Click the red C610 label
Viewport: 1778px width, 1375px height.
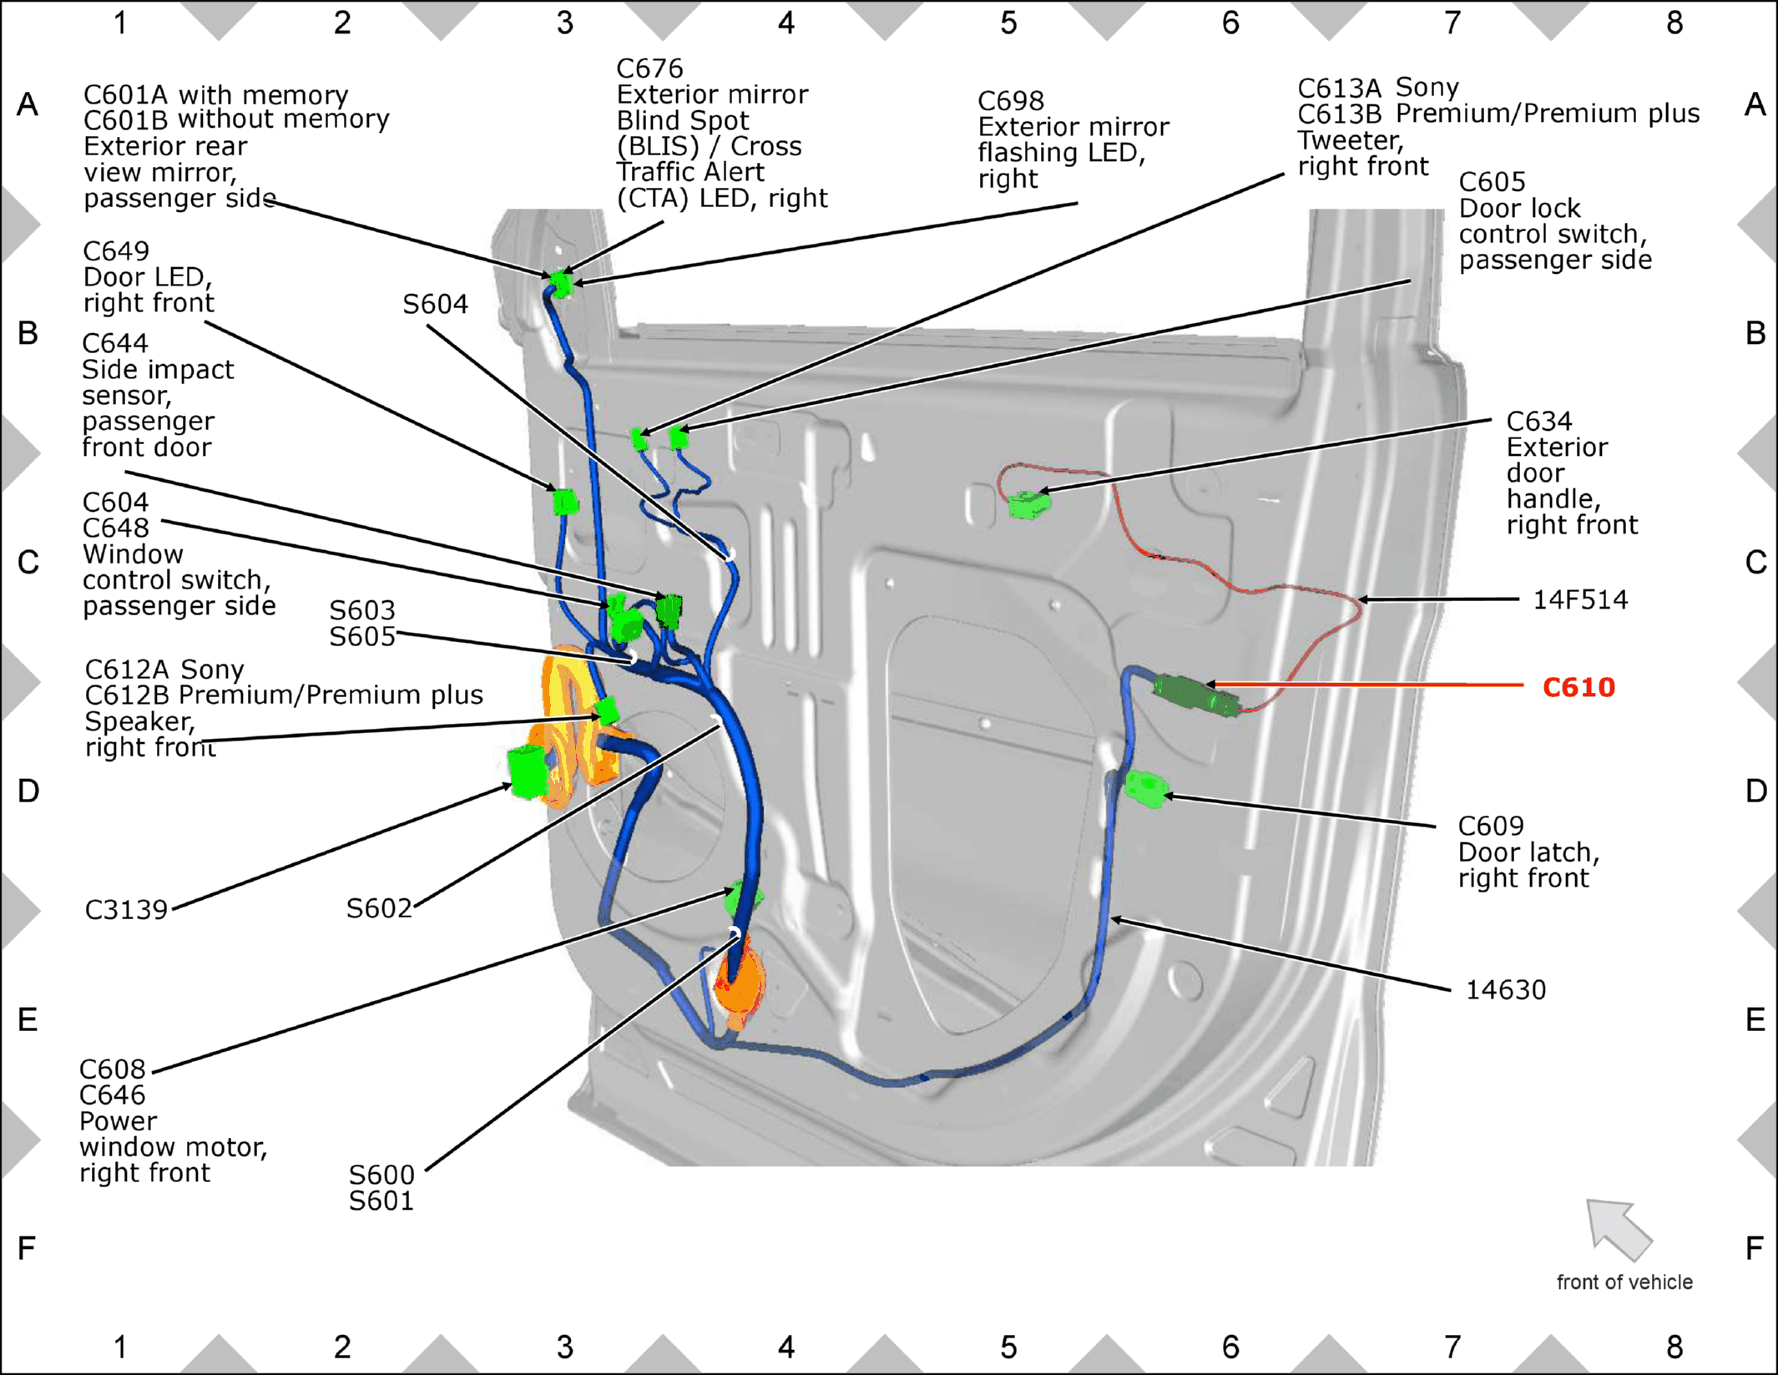pos(1578,687)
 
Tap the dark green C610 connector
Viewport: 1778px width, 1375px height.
pos(1195,696)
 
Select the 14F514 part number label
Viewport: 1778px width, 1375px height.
pos(1580,599)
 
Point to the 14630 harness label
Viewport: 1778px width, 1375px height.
pos(1506,989)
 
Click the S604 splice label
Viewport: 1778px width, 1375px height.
pos(435,304)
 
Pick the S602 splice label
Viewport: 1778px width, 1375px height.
pos(379,907)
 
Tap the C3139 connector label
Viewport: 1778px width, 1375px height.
pos(126,909)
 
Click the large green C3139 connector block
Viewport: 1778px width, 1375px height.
pos(528,772)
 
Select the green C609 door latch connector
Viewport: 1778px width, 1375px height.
pos(1146,788)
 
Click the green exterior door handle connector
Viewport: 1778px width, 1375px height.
pos(1028,504)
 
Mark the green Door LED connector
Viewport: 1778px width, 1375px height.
pos(566,502)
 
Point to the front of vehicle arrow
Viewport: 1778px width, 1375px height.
pos(1618,1229)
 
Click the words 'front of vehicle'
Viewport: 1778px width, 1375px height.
pos(1624,1282)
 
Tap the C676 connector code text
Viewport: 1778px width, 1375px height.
pos(649,68)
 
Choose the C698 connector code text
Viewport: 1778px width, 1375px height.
pos(1011,101)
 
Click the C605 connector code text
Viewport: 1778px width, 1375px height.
pos(1492,182)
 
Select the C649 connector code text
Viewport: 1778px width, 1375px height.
pos(116,250)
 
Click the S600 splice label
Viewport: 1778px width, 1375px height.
pos(381,1175)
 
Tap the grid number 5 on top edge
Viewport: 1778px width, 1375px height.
pos(1008,23)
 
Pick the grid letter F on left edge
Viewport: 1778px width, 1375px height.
pos(27,1248)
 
